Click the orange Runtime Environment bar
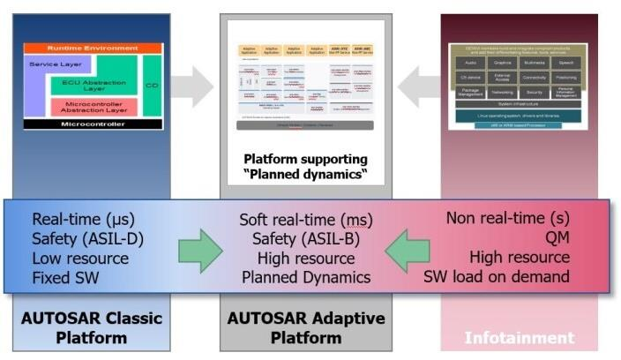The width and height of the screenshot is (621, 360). (94, 49)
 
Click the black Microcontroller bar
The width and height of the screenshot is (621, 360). (94, 124)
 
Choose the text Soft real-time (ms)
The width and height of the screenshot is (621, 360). (306, 219)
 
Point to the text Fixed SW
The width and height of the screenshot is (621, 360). (67, 277)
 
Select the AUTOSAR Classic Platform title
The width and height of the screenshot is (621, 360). (94, 328)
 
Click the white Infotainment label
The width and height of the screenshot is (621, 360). (520, 337)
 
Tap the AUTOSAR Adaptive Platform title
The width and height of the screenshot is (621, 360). (305, 328)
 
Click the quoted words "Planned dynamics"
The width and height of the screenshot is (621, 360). (304, 174)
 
